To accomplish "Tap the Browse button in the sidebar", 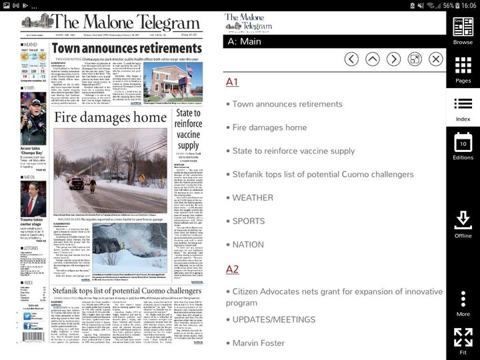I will click(x=463, y=30).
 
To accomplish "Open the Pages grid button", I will click(x=463, y=69).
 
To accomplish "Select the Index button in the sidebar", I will click(x=463, y=108).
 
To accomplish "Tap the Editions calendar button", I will click(x=463, y=147).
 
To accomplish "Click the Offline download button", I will click(x=463, y=225).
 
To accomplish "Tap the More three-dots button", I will click(x=463, y=303).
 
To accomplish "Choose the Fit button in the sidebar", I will click(x=463, y=341).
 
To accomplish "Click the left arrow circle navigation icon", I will click(x=351, y=59).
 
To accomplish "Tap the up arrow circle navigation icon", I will click(x=373, y=59).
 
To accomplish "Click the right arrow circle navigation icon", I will click(x=393, y=59).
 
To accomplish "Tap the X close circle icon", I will click(x=435, y=59).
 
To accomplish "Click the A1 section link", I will click(x=232, y=81).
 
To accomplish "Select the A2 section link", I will click(x=232, y=269).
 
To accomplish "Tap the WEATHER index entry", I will click(x=253, y=197).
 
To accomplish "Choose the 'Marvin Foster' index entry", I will click(x=259, y=343).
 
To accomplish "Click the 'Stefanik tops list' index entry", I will click(x=323, y=174).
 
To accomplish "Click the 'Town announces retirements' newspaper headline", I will click(x=127, y=48).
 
